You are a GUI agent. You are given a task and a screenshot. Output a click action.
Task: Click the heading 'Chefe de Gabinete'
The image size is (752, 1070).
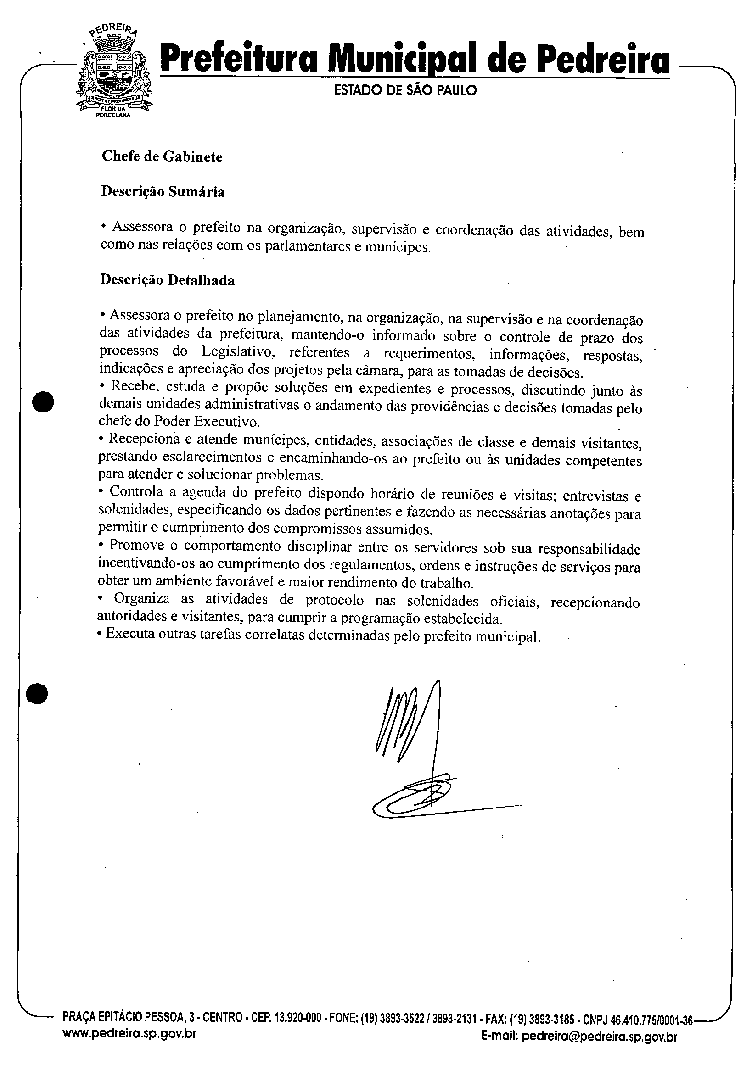[x=162, y=156]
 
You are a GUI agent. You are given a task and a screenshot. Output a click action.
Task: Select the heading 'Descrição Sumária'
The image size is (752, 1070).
[x=163, y=192]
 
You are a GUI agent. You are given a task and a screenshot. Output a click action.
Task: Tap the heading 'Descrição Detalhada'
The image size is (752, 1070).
[x=168, y=280]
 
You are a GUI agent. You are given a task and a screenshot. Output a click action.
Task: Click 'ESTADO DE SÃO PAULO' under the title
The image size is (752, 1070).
[x=405, y=90]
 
